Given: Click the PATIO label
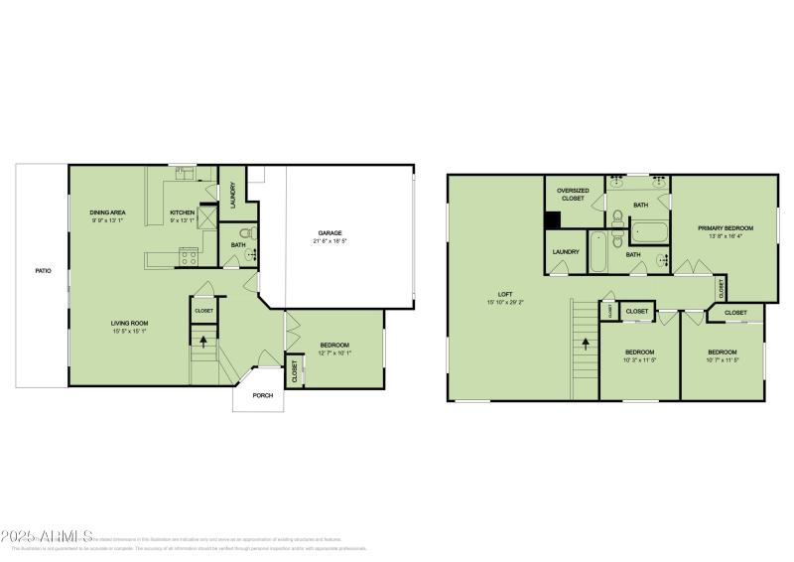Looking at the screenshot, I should coord(43,270).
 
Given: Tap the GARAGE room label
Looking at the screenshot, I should coord(330,233).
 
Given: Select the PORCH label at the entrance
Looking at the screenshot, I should coord(263,395).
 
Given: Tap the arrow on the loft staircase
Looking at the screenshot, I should coord(586,345).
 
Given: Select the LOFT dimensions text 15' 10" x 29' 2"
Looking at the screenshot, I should coord(505,302).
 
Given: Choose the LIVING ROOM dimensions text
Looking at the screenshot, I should coord(130,331).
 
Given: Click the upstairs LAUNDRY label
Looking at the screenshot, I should coord(566,252).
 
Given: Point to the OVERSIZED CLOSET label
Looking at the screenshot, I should coord(573,195).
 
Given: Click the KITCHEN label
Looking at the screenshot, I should coord(182,213).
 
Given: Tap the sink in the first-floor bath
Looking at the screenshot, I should coord(253,256).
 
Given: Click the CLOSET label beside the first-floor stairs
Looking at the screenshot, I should coord(203,311).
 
